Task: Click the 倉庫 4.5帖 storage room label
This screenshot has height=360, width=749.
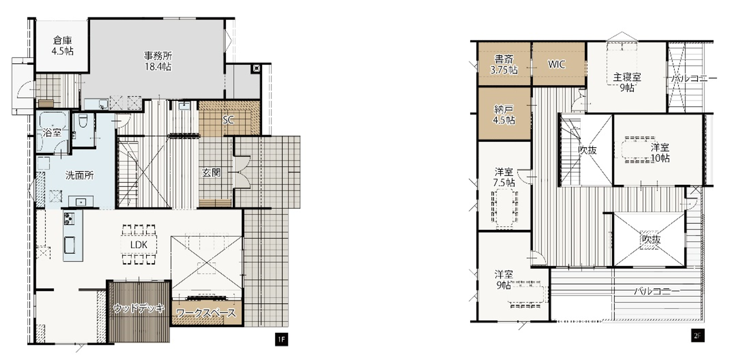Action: [62, 46]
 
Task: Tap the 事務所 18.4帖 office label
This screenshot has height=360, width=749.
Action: [158, 61]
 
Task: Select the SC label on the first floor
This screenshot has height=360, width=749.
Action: [228, 120]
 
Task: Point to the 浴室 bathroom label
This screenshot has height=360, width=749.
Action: [52, 133]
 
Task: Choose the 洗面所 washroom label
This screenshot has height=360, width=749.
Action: [79, 175]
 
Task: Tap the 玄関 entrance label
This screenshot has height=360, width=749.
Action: [211, 172]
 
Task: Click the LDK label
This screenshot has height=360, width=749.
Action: [139, 245]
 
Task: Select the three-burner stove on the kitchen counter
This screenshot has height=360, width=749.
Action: [69, 219]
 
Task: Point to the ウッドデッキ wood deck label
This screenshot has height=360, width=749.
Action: [139, 308]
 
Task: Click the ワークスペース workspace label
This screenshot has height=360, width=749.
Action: [206, 313]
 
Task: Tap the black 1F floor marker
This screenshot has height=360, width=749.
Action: [282, 340]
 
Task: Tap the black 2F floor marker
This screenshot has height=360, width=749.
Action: [698, 335]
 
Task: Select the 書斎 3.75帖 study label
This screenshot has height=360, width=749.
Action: [504, 65]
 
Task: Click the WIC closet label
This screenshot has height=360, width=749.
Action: [556, 64]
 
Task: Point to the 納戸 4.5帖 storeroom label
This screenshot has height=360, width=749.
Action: [504, 115]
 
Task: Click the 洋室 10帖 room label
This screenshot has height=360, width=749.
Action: [660, 153]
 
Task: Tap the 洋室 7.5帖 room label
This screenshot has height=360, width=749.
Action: [504, 177]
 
